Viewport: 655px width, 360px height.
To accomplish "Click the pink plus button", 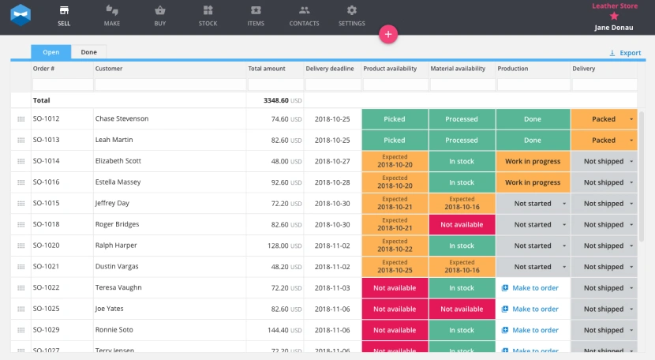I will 388,34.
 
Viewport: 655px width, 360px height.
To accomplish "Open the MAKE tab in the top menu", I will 112,16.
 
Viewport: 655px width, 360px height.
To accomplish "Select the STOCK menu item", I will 208,16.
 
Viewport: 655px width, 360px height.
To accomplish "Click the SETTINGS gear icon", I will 352,11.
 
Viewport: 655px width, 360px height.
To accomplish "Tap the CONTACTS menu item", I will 304,16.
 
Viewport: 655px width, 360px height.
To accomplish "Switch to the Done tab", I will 89,52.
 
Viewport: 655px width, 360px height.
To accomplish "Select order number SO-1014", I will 46,161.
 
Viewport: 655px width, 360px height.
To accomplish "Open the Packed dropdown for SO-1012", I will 631,119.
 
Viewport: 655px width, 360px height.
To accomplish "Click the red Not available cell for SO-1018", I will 462,224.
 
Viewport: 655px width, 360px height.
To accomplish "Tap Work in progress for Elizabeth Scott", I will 533,161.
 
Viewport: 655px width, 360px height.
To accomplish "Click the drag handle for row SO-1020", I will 21,246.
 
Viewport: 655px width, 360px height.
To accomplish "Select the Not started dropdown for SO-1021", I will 563,267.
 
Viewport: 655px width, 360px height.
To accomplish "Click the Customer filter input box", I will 169,84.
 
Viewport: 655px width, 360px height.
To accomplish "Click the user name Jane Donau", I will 613,27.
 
